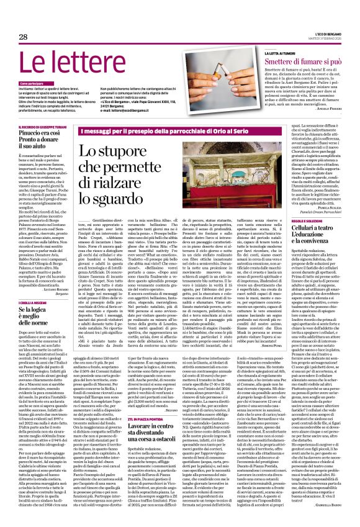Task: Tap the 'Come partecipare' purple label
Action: coord(34,83)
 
